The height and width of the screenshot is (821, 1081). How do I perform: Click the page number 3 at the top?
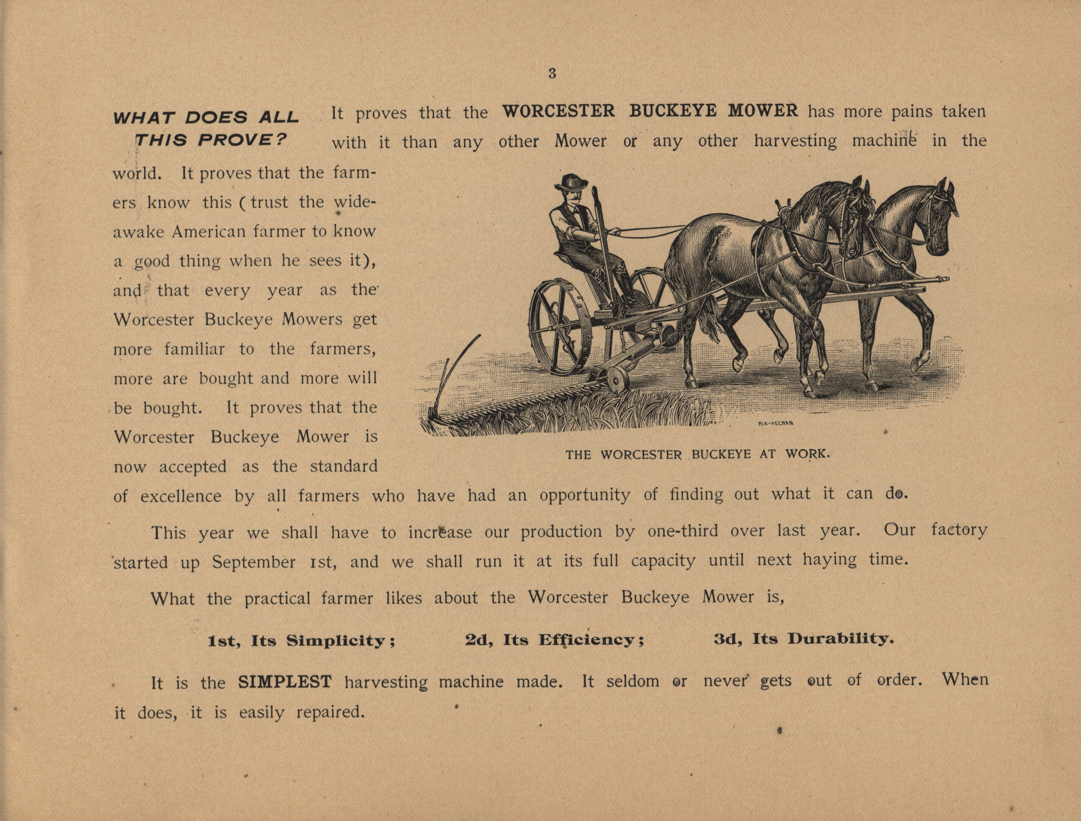(552, 74)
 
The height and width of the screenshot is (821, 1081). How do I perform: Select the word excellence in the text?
(181, 496)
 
